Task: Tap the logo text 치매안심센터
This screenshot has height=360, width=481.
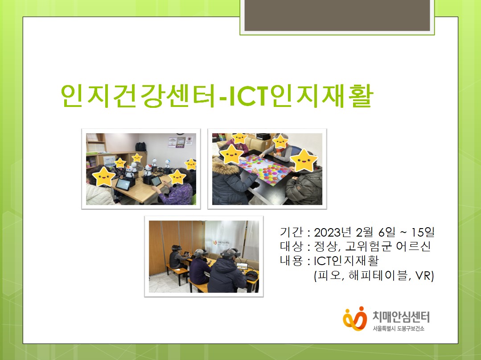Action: pos(400,317)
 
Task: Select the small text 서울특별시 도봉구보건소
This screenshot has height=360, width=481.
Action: pos(399,329)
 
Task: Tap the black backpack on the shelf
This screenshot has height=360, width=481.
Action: pos(141,146)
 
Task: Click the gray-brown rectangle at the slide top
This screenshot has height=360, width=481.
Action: pos(337,15)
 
